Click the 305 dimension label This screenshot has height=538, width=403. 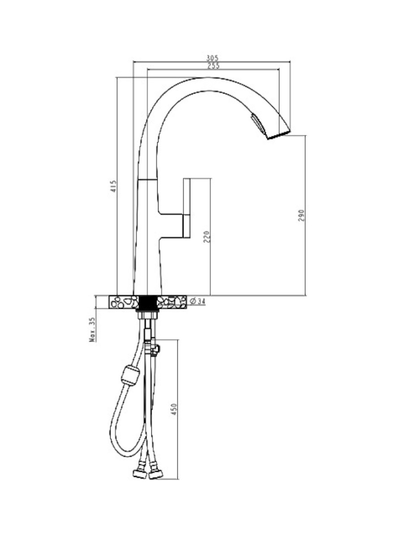(212, 58)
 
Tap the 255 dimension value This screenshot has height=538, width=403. (214, 66)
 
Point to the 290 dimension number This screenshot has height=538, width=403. (301, 216)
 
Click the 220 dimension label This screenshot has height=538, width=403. (207, 237)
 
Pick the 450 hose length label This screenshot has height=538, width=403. (174, 409)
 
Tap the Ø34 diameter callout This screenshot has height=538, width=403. (197, 301)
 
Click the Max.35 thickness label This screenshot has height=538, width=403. (93, 330)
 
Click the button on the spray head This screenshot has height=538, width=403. (257, 124)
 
